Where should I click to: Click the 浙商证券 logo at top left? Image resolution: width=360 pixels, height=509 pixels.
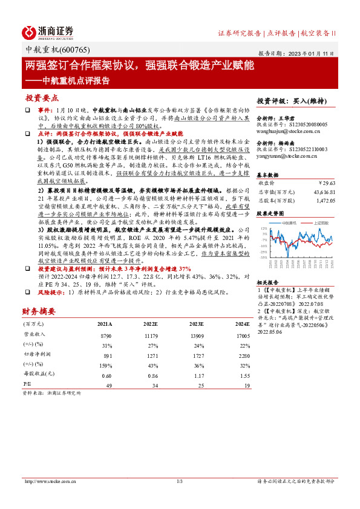(48, 32)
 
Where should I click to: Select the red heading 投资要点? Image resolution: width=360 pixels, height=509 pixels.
(42, 97)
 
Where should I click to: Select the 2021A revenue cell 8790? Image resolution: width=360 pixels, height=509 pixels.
(106, 334)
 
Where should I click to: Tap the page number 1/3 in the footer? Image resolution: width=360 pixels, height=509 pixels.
(180, 481)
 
